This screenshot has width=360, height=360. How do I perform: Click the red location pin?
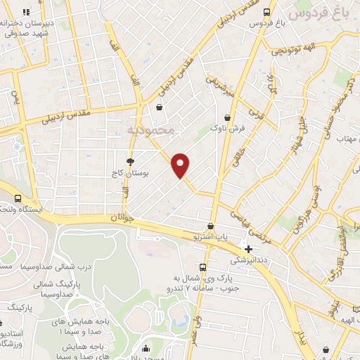(181, 165)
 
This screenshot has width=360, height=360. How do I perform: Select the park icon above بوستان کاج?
(130, 162)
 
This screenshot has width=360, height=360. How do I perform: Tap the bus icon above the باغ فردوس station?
(266, 12)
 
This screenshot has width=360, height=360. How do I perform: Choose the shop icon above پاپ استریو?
(210, 226)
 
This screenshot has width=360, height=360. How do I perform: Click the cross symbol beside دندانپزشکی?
(247, 247)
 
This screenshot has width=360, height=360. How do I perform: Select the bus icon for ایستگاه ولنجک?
(18, 199)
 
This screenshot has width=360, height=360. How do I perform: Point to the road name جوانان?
(118, 219)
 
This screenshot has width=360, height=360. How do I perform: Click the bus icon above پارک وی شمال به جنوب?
(202, 267)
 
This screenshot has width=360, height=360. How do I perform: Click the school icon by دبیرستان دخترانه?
(27, 12)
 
